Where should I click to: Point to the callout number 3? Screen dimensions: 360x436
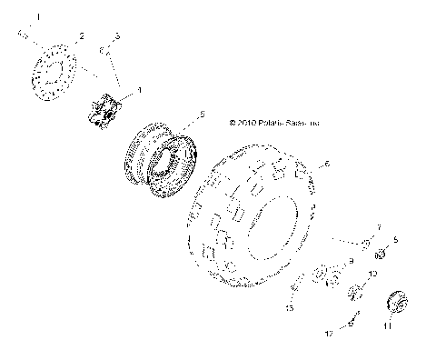[x=116, y=35]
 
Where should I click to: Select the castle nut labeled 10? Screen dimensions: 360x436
[x=355, y=291]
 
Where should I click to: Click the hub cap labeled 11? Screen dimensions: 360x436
[x=397, y=301]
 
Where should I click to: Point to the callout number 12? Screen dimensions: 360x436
[x=333, y=335]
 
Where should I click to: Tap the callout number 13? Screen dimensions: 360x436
[x=290, y=309]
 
